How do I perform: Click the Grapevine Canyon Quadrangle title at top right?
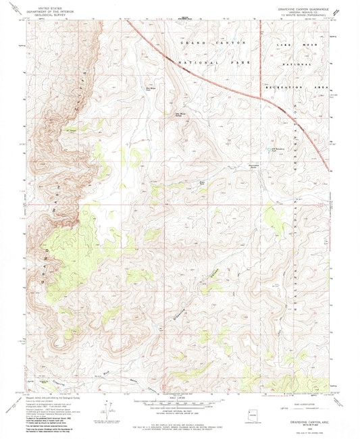[302, 8]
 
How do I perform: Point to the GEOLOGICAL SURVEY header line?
[42, 13]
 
